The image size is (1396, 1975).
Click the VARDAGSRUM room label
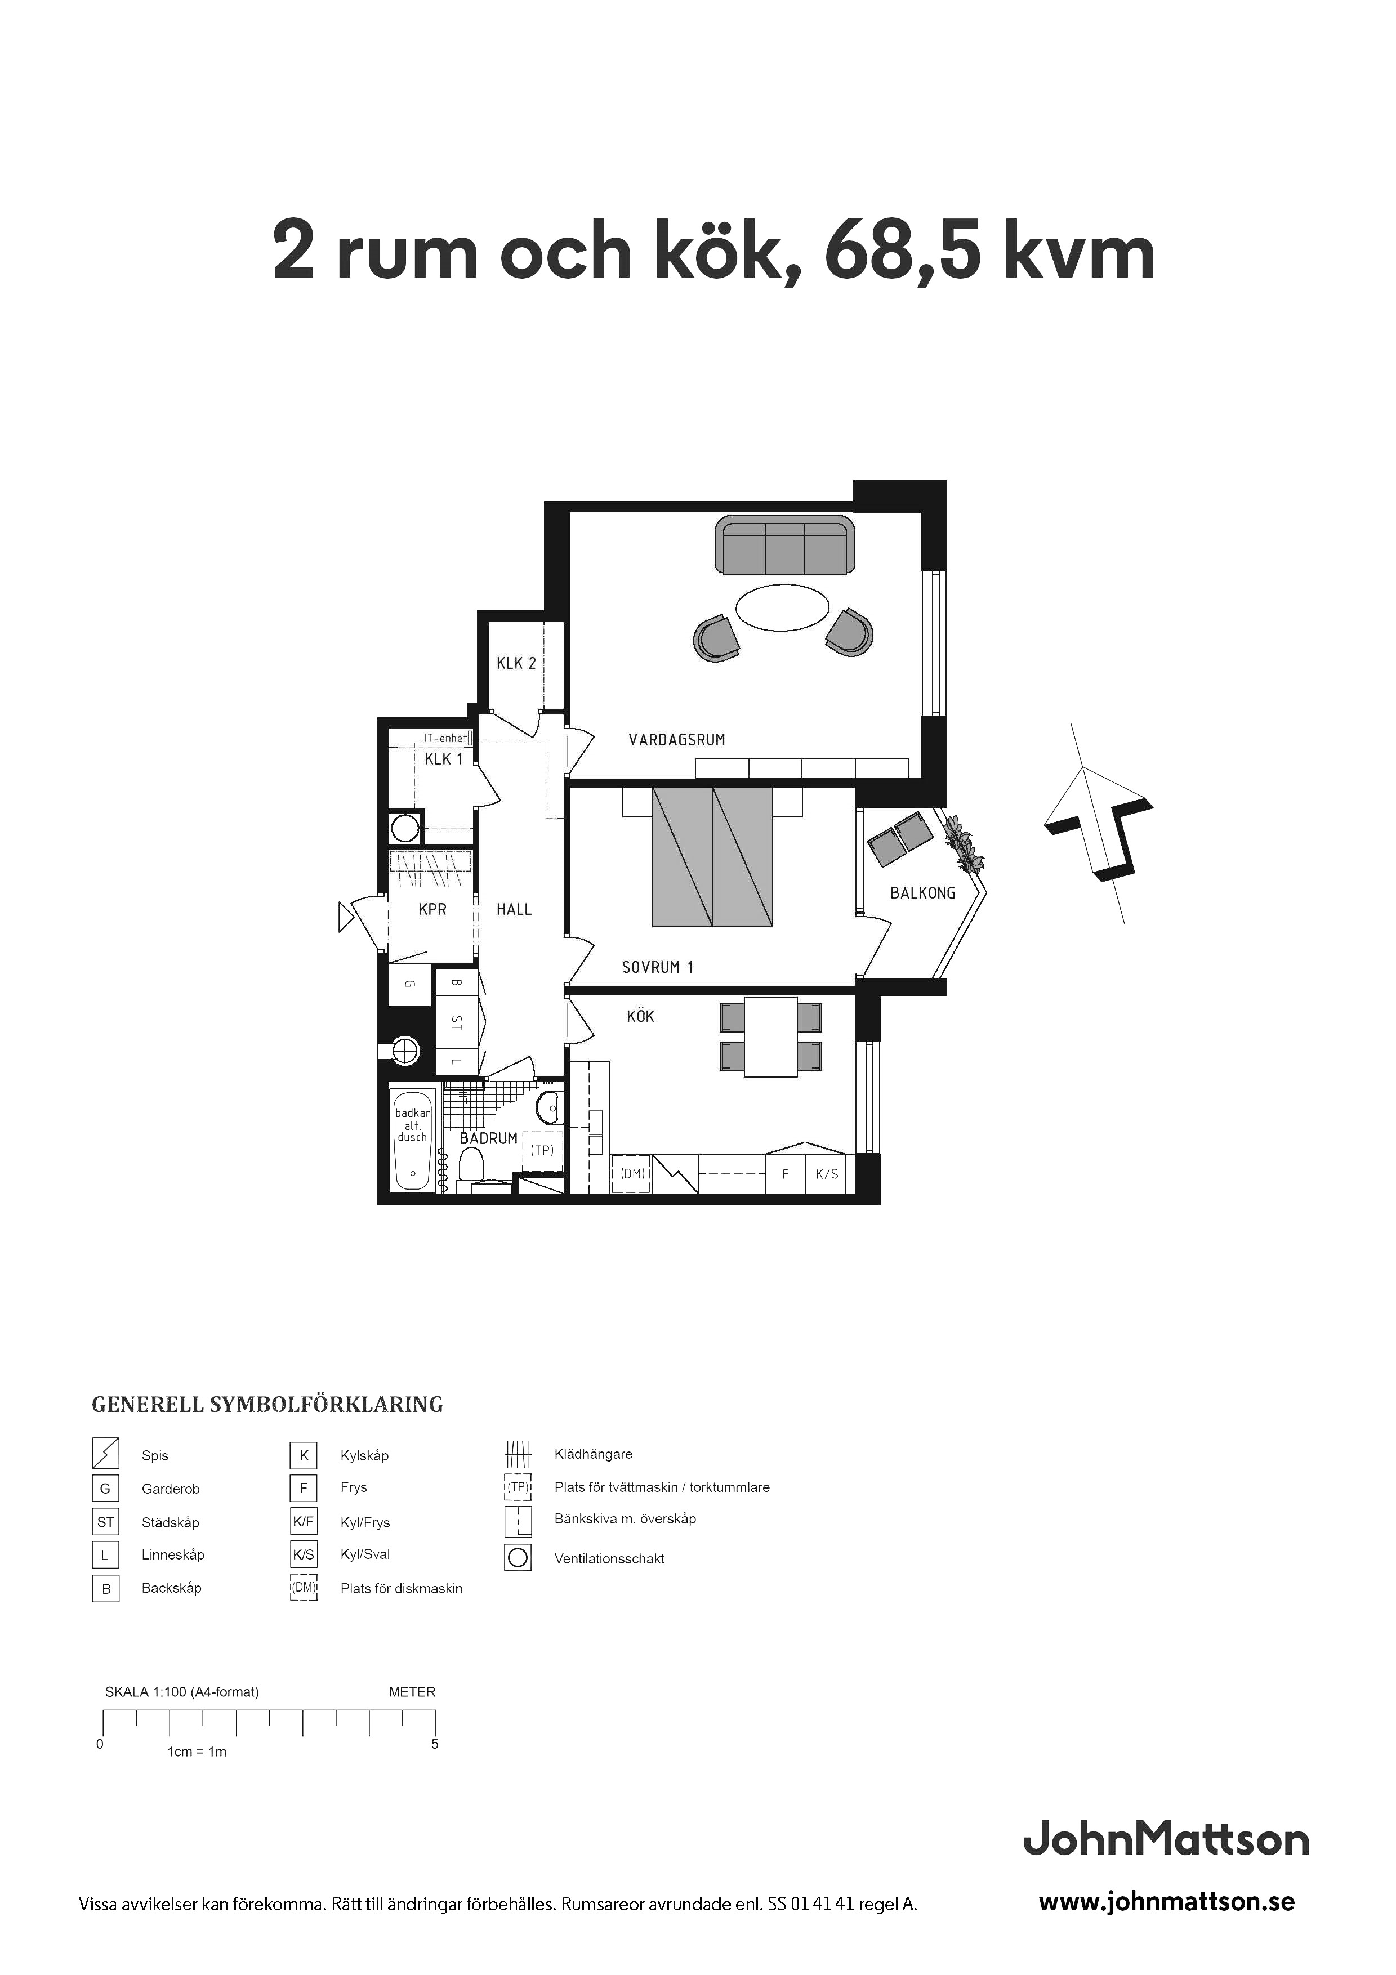coord(676,740)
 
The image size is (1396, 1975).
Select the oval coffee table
coord(783,607)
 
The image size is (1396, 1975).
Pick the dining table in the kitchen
coord(771,1036)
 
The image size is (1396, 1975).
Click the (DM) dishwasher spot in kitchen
coord(633,1173)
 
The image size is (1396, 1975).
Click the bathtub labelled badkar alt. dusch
coord(412,1139)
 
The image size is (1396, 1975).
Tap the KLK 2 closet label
coord(516,663)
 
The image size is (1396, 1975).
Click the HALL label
coord(514,909)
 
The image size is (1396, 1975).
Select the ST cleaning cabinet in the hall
coord(457,1023)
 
